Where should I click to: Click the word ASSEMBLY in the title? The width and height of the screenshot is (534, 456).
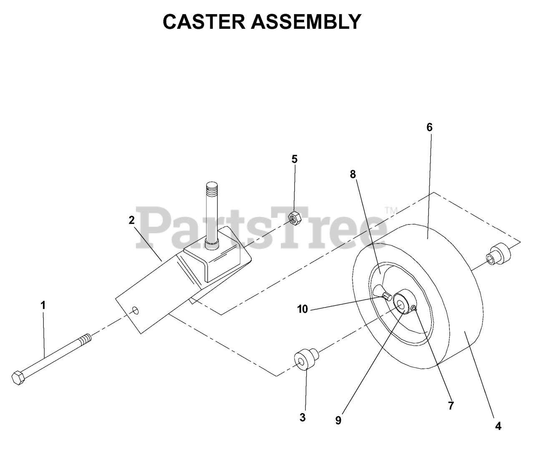pos(306,22)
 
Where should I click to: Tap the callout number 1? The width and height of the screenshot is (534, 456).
pos(43,305)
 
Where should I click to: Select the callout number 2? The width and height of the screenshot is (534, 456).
pos(132,220)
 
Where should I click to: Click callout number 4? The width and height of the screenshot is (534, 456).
pos(498,426)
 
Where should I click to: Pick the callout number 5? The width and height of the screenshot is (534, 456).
pos(295,159)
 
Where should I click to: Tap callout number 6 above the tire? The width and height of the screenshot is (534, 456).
pos(429,127)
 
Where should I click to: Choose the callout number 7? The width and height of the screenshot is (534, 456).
pos(451,405)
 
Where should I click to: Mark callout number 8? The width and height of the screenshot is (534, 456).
pos(353,174)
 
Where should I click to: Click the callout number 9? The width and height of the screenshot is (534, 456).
pos(338,421)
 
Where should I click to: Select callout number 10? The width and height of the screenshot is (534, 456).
pos(302,309)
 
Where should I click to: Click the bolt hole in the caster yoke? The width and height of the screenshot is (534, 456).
pos(136,310)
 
